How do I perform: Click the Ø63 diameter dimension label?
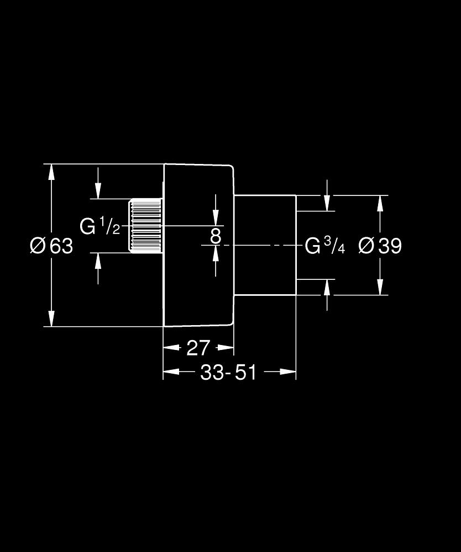tap(51, 246)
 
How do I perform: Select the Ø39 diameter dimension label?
tap(380, 246)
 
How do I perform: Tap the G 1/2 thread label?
tap(100, 226)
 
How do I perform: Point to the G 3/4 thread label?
tap(325, 246)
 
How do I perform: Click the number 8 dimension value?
tap(216, 236)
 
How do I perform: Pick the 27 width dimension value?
tap(198, 348)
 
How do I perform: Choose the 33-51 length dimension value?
tap(228, 373)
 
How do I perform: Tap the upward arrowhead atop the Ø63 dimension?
tap(51, 171)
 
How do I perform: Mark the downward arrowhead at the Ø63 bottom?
tap(51, 319)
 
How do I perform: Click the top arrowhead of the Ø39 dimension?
tap(380, 203)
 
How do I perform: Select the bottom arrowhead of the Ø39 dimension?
tap(380, 287)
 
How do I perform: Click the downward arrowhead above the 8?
tap(216, 219)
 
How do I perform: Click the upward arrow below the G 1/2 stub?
tap(98, 260)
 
